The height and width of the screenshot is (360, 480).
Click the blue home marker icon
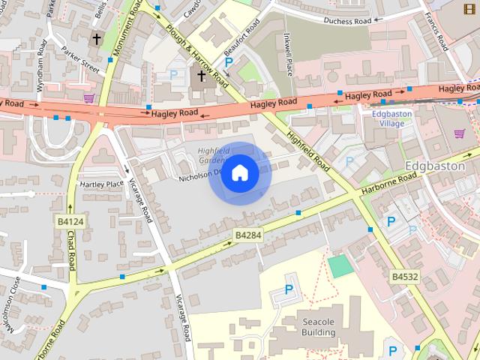click(239, 173)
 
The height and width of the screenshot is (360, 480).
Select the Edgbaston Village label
click(388, 118)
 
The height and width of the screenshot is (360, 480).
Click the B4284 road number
click(248, 235)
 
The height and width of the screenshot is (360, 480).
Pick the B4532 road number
click(404, 277)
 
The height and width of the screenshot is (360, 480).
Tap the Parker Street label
click(81, 61)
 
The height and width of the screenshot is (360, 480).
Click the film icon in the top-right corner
click(469, 8)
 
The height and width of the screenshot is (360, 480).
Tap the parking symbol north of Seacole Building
click(289, 289)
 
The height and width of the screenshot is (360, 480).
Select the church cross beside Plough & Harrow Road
click(201, 76)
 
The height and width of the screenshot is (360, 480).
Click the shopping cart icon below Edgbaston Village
click(459, 133)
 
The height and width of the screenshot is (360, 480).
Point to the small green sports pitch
click(340, 265)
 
